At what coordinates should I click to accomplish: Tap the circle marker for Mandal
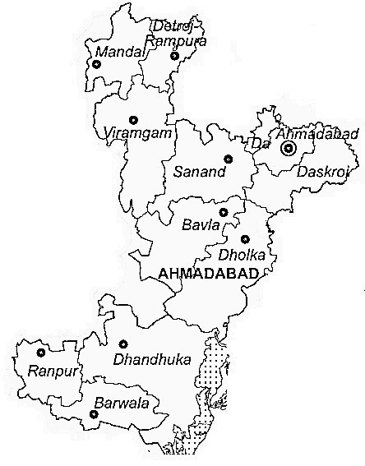click(x=95, y=63)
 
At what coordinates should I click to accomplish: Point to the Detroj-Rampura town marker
click(x=174, y=56)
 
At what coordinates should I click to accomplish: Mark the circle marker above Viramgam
click(x=133, y=119)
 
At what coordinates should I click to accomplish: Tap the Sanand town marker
click(x=228, y=159)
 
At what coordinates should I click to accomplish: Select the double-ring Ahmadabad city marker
click(x=289, y=149)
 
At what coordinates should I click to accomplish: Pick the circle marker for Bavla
click(x=223, y=212)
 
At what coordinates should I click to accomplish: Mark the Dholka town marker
click(x=245, y=238)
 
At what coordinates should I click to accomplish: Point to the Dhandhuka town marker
click(x=123, y=344)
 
